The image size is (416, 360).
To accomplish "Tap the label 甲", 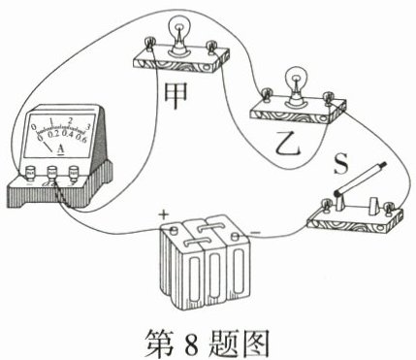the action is [176, 95].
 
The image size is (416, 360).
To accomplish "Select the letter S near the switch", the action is [340, 163].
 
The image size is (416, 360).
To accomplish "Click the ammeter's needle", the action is [48, 147].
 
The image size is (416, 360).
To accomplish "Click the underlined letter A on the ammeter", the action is [60, 149].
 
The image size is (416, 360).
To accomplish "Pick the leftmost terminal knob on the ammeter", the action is [31, 173].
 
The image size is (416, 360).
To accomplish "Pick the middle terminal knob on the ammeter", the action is [52, 173].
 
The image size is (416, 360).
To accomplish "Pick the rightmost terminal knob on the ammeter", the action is [74, 173].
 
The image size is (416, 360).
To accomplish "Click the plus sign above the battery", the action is [164, 214].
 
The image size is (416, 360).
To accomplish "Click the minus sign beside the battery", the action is [256, 232].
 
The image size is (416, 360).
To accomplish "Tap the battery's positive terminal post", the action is [174, 230].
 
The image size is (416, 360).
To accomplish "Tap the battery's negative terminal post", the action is [236, 237].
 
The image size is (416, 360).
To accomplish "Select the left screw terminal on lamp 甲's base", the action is [149, 44].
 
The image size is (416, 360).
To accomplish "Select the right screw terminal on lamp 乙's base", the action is [329, 97].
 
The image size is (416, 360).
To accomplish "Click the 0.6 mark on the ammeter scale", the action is [81, 139].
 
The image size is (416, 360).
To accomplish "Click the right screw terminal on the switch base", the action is [389, 208].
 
